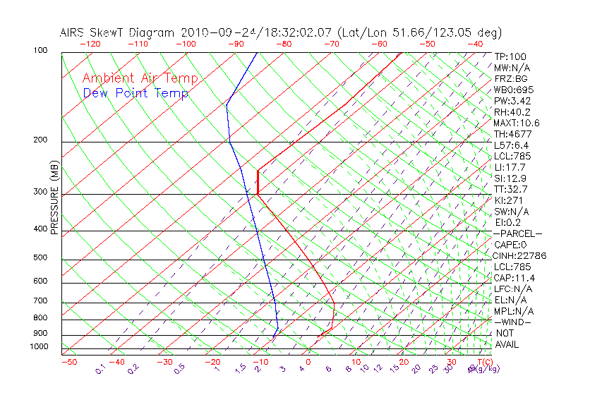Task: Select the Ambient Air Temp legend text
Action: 140,78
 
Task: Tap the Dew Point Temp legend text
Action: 136,93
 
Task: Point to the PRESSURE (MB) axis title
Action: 54,197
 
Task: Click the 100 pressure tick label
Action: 40,51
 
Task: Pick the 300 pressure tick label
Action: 40,192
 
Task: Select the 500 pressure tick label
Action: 40,258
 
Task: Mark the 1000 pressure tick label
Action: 38,347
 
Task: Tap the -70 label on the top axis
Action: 330,44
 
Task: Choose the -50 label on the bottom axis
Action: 68,362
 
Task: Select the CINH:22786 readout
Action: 520,256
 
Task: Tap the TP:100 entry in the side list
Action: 510,56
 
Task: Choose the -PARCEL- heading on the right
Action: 517,233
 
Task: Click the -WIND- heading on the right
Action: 513,322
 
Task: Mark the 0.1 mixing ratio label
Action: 101,370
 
